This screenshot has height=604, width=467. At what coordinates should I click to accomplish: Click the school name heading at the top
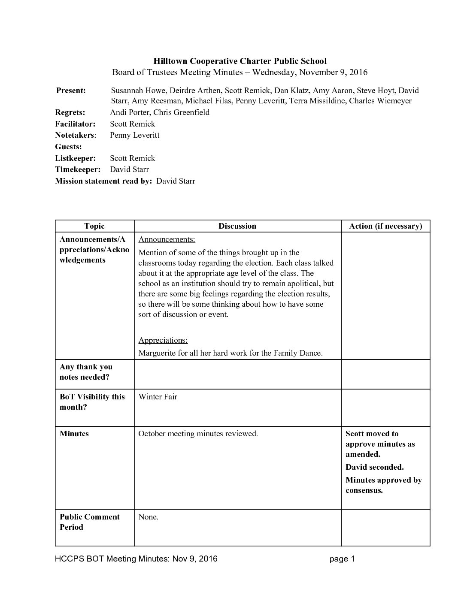(240, 61)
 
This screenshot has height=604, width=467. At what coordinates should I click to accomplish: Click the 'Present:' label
(71, 91)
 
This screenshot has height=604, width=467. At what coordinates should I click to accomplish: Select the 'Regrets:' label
(70, 112)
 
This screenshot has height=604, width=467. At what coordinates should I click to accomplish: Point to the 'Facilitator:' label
(75, 124)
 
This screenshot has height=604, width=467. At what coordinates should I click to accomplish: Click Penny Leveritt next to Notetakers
(134, 135)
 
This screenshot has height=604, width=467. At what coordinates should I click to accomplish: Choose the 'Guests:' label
(68, 147)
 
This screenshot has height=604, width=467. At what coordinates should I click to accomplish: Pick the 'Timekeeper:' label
(78, 169)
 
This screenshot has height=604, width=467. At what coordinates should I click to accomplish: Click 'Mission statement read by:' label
(103, 181)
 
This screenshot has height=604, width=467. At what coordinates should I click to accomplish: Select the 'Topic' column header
(94, 226)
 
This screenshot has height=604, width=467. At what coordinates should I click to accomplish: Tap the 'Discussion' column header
(237, 226)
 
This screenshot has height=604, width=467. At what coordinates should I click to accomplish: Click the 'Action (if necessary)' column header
(385, 226)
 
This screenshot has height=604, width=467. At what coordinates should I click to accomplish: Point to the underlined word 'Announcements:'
(167, 239)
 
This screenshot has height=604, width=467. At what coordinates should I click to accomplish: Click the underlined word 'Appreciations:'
(163, 340)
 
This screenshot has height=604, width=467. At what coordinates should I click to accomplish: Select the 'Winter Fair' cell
(158, 397)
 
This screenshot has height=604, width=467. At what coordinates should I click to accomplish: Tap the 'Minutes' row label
(74, 434)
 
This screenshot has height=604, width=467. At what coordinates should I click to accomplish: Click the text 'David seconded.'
(374, 467)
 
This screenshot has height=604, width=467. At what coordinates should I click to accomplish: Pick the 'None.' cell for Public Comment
(148, 517)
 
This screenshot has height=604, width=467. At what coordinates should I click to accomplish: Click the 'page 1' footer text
(342, 559)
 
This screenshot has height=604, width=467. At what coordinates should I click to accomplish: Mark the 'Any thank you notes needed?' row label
(86, 372)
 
